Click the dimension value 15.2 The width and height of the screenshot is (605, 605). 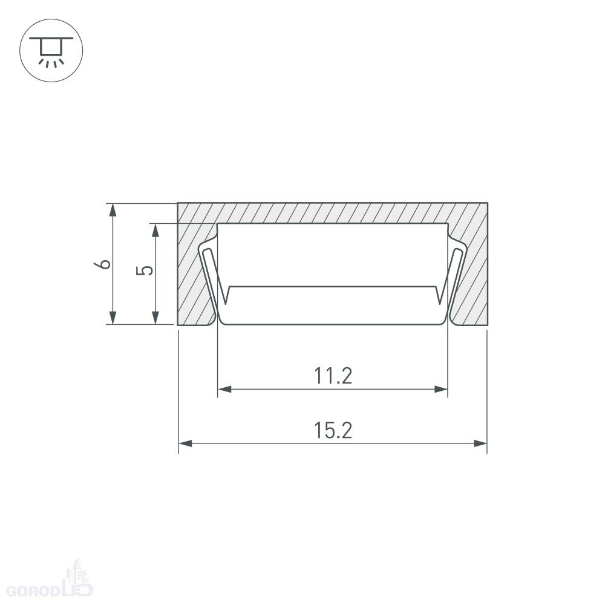tap(333, 431)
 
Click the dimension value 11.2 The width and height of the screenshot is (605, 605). tap(333, 376)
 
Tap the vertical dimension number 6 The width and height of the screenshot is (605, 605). tap(102, 264)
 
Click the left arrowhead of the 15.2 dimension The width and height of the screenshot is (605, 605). tap(185, 443)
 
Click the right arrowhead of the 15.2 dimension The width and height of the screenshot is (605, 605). tap(480, 443)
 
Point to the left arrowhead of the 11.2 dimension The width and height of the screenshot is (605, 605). tap(224, 389)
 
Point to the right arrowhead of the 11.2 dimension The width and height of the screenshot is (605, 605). tap(440, 389)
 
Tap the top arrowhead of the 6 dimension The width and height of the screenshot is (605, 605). tap(113, 211)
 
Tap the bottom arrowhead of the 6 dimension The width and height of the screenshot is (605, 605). tap(113, 318)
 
